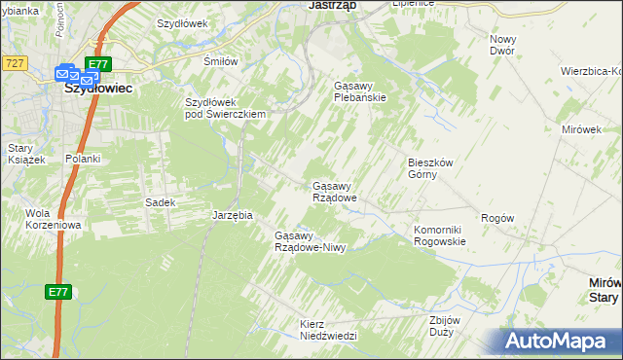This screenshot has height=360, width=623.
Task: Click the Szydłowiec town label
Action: (x=97, y=86)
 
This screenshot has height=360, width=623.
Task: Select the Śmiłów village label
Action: (x=220, y=61)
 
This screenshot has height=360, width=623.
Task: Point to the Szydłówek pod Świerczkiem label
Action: (x=226, y=108)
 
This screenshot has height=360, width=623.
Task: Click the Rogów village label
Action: (x=496, y=218)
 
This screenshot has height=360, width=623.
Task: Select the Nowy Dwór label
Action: (x=502, y=44)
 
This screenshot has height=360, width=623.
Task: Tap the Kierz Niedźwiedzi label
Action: (x=329, y=329)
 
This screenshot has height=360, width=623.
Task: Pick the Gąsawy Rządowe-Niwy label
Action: (x=311, y=241)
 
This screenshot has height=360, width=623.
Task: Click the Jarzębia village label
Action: (x=233, y=215)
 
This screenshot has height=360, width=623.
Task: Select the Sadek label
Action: (x=160, y=202)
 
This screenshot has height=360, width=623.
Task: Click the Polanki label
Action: (x=83, y=159)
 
